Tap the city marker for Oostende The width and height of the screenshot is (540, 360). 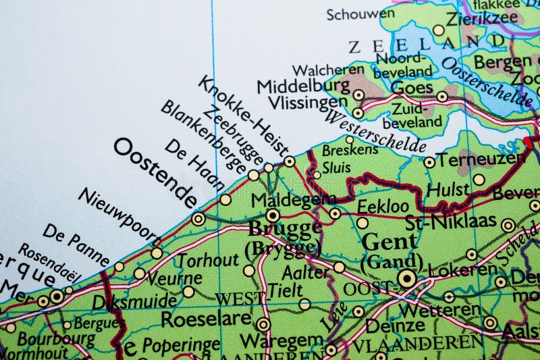click(198, 218)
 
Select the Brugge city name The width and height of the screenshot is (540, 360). click(284, 229)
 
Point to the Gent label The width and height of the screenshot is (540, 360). click(389, 242)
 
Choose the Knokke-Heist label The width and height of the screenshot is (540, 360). click(244, 116)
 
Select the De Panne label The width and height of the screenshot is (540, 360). click(76, 244)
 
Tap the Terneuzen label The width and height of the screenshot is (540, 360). click(481, 159)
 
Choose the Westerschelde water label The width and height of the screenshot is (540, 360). click(375, 132)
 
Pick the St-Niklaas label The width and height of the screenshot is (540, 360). click(451, 221)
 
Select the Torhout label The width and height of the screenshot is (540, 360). click(208, 259)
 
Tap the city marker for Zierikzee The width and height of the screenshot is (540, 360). click(439, 30)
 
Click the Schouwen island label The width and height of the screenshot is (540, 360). click(351, 14)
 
